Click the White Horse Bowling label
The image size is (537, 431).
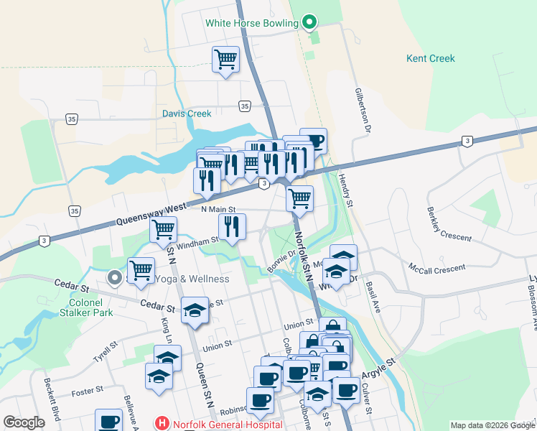click(x=251, y=23)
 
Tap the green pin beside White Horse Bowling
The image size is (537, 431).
click(x=309, y=23)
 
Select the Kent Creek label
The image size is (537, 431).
click(x=431, y=58)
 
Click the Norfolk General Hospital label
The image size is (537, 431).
click(x=216, y=424)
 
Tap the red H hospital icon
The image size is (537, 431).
click(x=162, y=424)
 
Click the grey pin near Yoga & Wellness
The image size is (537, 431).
click(x=113, y=277)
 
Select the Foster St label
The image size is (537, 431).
click(x=88, y=392)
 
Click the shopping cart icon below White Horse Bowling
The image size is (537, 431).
click(x=225, y=58)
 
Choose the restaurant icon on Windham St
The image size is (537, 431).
click(x=232, y=226)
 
